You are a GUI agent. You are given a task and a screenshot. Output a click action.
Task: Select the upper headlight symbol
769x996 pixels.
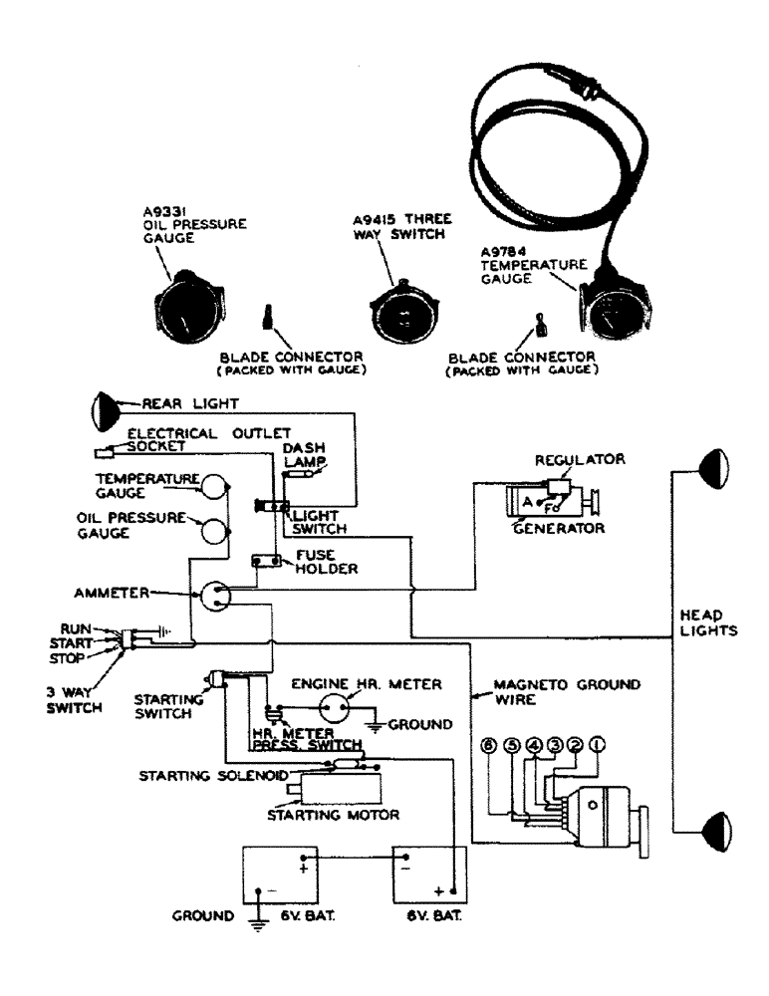click(x=713, y=466)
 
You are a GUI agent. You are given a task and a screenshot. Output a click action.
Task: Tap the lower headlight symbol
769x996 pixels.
click(x=713, y=826)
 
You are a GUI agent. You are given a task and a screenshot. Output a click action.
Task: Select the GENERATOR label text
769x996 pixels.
click(x=560, y=528)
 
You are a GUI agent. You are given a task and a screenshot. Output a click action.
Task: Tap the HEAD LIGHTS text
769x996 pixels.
click(x=715, y=622)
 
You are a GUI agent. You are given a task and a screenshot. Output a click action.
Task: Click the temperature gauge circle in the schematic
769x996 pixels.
click(x=214, y=485)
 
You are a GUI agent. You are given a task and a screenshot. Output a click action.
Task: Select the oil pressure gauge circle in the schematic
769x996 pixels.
click(x=214, y=529)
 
